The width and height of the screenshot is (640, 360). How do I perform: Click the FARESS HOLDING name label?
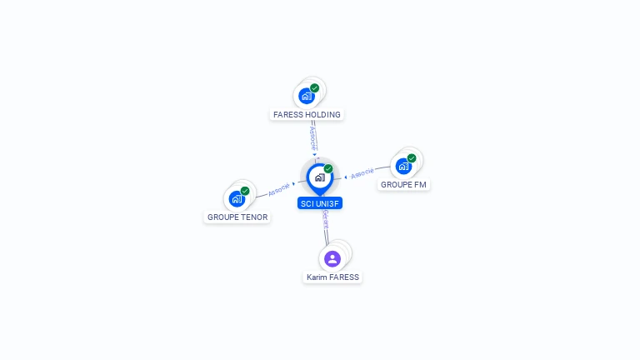(307, 114)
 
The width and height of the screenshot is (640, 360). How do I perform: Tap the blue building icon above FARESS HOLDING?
(307, 96)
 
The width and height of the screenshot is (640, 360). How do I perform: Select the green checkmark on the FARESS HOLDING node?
(314, 87)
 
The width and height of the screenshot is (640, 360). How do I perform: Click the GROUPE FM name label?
(404, 184)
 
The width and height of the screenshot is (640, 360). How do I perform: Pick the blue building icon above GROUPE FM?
(404, 166)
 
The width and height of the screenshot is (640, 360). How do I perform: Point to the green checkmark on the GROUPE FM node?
(412, 157)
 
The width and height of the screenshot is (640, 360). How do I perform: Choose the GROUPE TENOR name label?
(237, 217)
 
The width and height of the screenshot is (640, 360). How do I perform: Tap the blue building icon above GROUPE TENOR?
(237, 199)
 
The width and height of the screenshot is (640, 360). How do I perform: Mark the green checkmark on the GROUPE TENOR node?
(245, 191)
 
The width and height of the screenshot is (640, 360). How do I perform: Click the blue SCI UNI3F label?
(320, 202)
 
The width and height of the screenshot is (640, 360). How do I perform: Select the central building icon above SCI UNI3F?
(319, 177)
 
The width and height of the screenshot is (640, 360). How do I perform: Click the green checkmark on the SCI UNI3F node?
(328, 168)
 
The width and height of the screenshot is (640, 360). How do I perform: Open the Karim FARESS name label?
(332, 277)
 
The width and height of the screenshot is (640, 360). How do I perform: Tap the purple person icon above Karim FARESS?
(332, 258)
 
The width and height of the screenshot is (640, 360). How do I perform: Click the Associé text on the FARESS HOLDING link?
(313, 137)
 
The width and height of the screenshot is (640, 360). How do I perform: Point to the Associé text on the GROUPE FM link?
(362, 174)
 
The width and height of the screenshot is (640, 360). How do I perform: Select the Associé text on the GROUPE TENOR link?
(279, 189)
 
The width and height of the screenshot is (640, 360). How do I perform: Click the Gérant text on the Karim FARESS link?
(326, 220)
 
